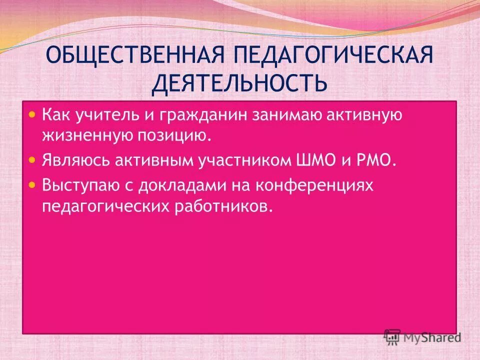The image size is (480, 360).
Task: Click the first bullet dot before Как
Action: click(x=32, y=114)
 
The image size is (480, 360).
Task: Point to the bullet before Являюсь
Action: click(x=32, y=160)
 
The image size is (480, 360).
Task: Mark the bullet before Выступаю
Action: click(x=32, y=184)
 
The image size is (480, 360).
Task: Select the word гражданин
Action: click(x=190, y=115)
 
